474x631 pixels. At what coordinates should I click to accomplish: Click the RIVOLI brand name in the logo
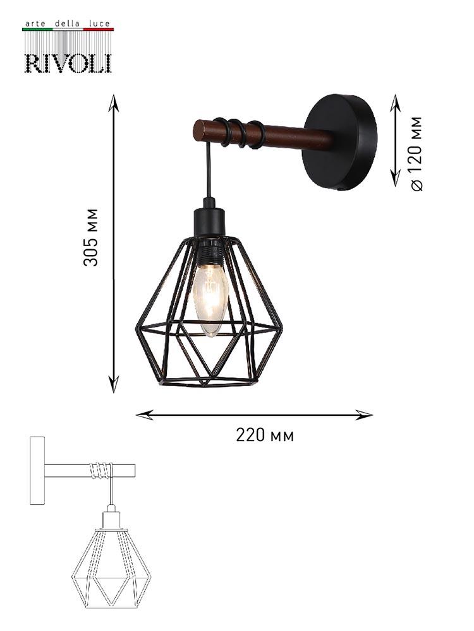click(68, 62)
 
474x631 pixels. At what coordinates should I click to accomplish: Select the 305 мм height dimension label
click(92, 237)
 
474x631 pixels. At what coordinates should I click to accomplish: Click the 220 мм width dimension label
click(265, 435)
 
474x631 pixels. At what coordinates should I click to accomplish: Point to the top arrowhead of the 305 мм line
click(114, 100)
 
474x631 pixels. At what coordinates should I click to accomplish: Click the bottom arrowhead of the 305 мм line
click(114, 385)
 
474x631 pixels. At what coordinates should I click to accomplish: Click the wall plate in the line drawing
click(37, 471)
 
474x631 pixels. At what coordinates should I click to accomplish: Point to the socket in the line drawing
click(111, 519)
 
